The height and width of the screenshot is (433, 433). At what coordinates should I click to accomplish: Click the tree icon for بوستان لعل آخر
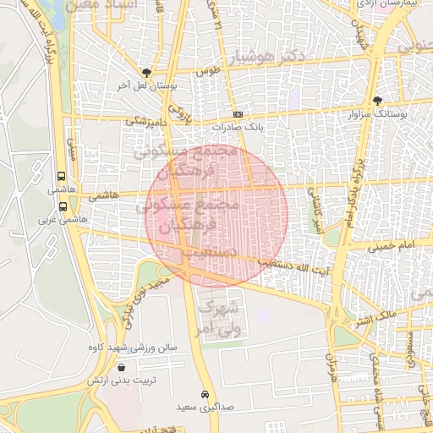(x=148, y=74)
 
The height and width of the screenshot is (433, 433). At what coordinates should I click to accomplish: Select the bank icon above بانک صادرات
(x=238, y=114)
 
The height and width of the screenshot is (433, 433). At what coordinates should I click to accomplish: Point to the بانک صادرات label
(x=238, y=127)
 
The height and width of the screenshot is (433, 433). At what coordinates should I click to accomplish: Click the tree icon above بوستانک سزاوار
(x=377, y=100)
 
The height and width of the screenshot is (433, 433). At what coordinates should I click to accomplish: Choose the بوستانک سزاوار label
(x=377, y=112)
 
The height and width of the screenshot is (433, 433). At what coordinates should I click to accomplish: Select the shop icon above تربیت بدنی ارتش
(x=123, y=368)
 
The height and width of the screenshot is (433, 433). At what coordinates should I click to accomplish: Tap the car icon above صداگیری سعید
(x=205, y=395)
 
